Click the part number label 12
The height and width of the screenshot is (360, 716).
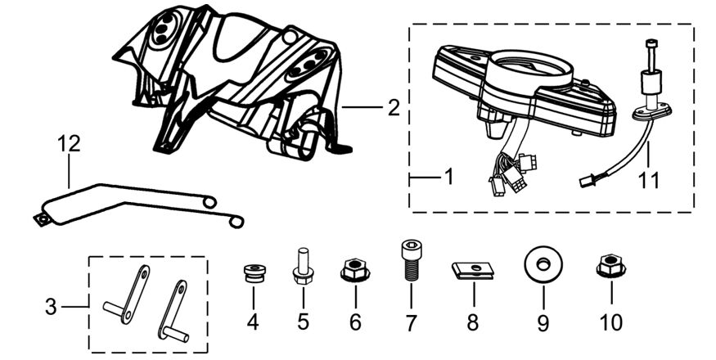69,144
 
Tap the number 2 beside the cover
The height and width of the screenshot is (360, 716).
393,106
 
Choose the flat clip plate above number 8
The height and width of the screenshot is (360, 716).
472,271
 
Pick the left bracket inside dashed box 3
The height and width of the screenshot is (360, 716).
130,295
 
